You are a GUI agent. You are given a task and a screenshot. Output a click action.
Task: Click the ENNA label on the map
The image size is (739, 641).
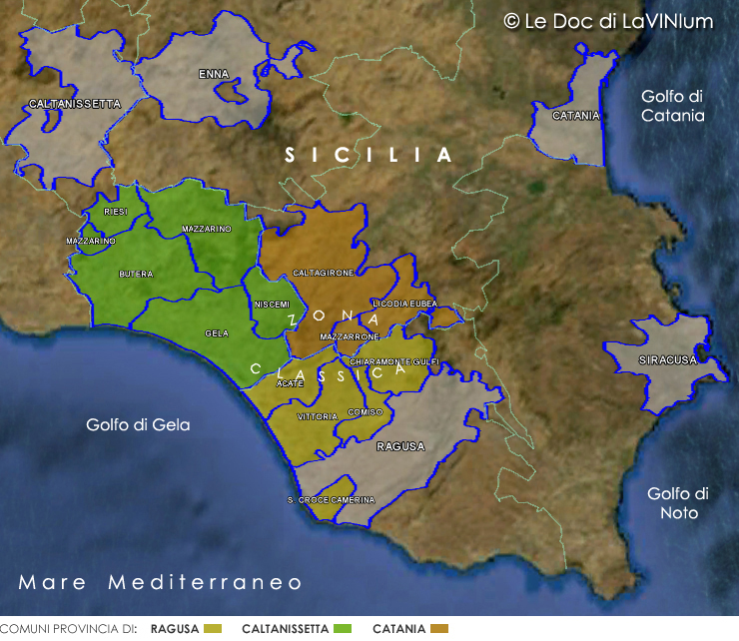tap(213, 74)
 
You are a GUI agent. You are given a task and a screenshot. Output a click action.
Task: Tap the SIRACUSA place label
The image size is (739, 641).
tap(667, 360)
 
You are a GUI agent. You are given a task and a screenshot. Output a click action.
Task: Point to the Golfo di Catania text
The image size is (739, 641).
tap(673, 106)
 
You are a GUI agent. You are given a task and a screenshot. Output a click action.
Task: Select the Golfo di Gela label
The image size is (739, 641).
tap(138, 424)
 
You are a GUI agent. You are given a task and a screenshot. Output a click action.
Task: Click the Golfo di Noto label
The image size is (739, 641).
tap(677, 503)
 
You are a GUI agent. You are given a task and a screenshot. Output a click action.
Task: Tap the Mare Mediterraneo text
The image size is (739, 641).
tap(160, 582)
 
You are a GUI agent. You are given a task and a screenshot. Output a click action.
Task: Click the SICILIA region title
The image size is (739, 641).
tap(369, 155)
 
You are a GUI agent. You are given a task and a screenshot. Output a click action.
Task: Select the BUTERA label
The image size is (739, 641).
tap(136, 273)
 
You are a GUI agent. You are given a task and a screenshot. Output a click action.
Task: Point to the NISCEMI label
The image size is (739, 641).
tap(272, 304)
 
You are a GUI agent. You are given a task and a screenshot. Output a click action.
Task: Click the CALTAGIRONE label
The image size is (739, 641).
tap(323, 273)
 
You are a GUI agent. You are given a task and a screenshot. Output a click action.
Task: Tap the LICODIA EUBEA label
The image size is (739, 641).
tap(404, 303)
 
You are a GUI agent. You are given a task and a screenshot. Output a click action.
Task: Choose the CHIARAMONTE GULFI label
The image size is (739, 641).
tap(394, 360)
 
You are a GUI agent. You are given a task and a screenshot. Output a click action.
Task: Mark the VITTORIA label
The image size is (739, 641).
tap(318, 415)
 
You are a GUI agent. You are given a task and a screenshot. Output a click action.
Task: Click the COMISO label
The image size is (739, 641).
tap(365, 411)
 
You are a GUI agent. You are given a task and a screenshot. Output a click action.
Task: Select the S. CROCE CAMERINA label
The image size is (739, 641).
tap(331, 499)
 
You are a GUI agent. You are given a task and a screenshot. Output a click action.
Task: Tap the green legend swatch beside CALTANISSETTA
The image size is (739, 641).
tap(343, 629)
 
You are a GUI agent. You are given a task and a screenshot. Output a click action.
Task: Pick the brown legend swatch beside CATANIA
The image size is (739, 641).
tap(438, 629)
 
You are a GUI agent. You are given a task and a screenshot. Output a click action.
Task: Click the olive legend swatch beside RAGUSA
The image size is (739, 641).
tap(211, 629)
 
